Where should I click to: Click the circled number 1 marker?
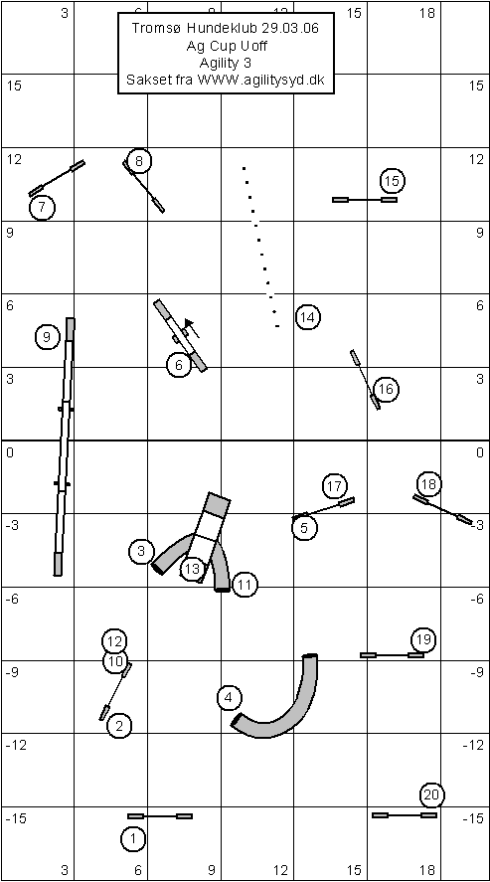(x=132, y=839)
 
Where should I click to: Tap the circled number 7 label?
(x=42, y=208)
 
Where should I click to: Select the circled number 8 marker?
(x=139, y=162)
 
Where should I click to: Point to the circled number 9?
(x=47, y=337)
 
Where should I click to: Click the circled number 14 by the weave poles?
(x=308, y=316)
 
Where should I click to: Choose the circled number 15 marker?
(x=393, y=181)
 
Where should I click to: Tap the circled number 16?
(x=386, y=389)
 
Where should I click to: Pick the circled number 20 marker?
(x=431, y=795)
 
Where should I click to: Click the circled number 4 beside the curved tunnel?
(x=229, y=697)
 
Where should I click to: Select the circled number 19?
(x=423, y=639)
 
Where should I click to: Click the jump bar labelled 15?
(x=365, y=200)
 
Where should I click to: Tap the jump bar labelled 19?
(x=392, y=655)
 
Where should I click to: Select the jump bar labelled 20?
(x=404, y=815)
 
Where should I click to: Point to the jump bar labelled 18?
(x=443, y=510)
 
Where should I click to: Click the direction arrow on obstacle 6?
(x=191, y=328)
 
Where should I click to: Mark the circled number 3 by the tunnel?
(x=141, y=551)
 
